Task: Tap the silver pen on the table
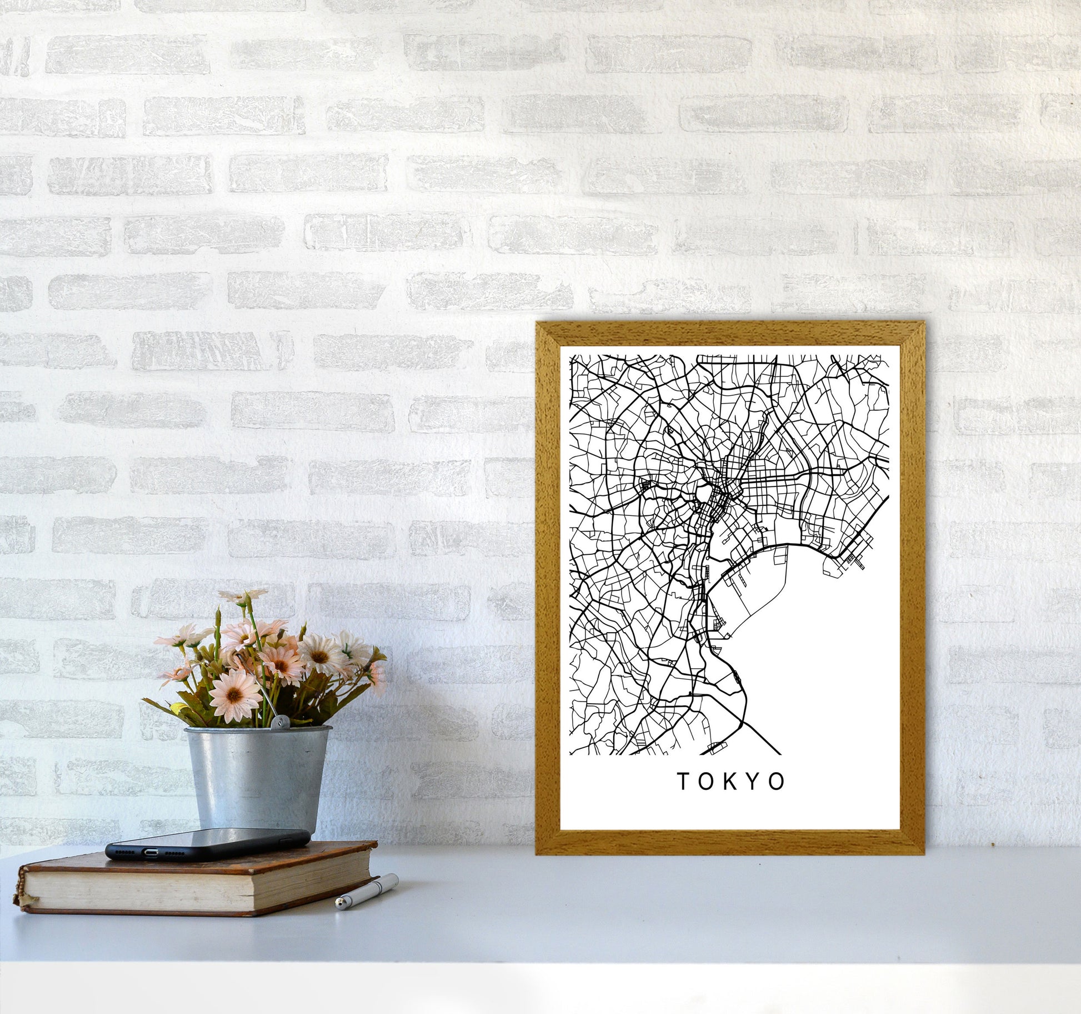(367, 892)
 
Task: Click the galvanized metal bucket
(257, 778)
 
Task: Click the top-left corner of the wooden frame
(538, 324)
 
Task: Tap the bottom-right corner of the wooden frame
(923, 853)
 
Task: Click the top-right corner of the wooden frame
(923, 324)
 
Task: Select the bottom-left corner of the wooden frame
(538, 853)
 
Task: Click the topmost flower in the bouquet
(243, 595)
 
